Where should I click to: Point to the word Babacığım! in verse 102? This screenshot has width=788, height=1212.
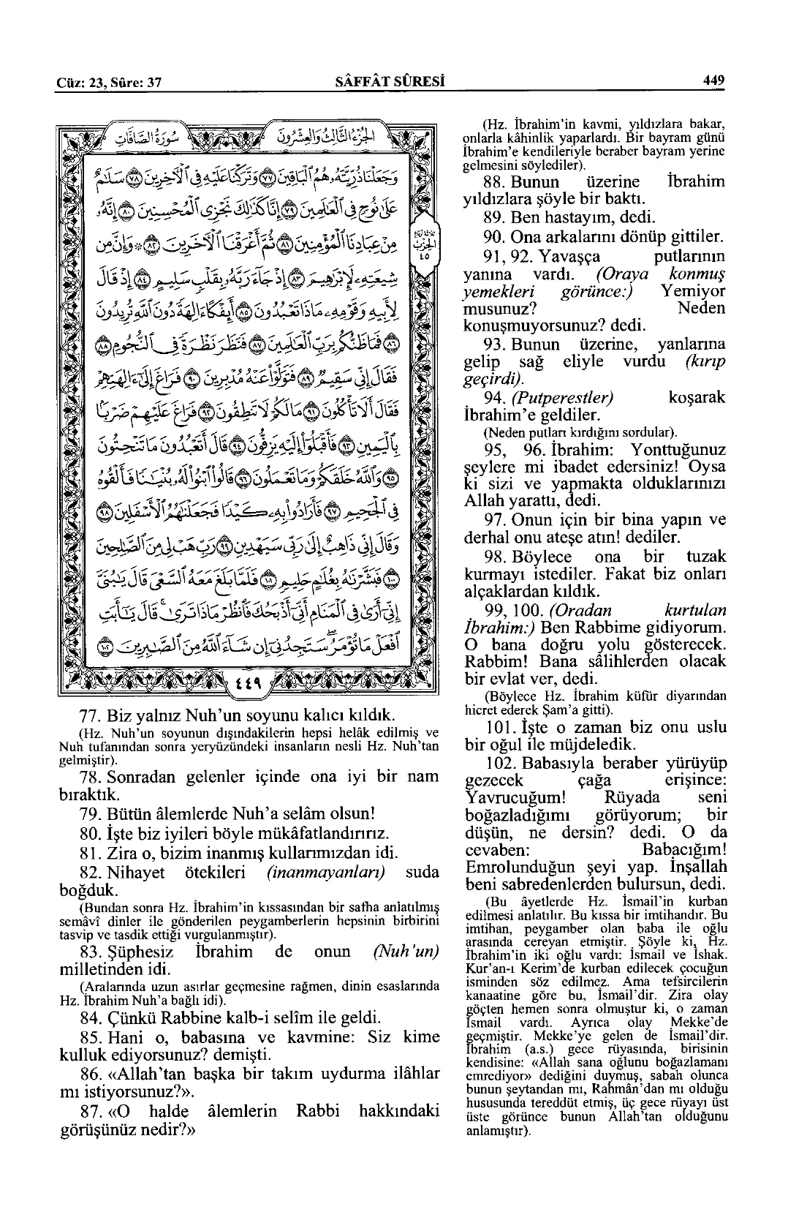pyautogui.click(x=683, y=851)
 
